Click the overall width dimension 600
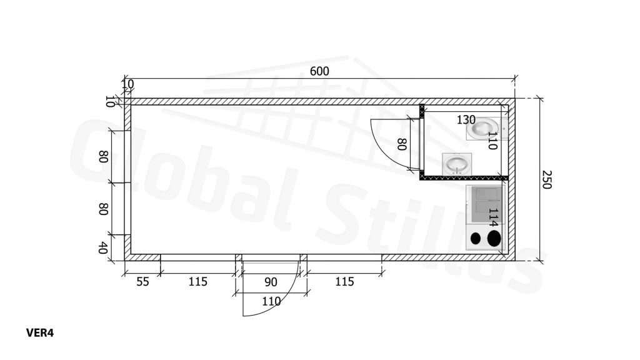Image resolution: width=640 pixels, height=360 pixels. tap(319, 71)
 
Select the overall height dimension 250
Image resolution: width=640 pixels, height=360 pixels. tap(546, 180)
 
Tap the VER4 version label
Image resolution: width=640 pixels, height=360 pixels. tap(40, 333)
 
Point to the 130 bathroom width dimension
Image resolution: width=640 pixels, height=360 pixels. tap(466, 120)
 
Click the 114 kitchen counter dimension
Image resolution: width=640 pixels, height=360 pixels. tap(493, 217)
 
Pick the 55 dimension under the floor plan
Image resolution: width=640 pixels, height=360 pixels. tap(142, 282)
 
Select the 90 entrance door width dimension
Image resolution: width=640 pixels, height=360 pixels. tap(271, 282)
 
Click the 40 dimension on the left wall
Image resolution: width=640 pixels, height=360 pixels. tap(103, 247)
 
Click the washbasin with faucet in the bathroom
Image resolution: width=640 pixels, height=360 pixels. tap(457, 164)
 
